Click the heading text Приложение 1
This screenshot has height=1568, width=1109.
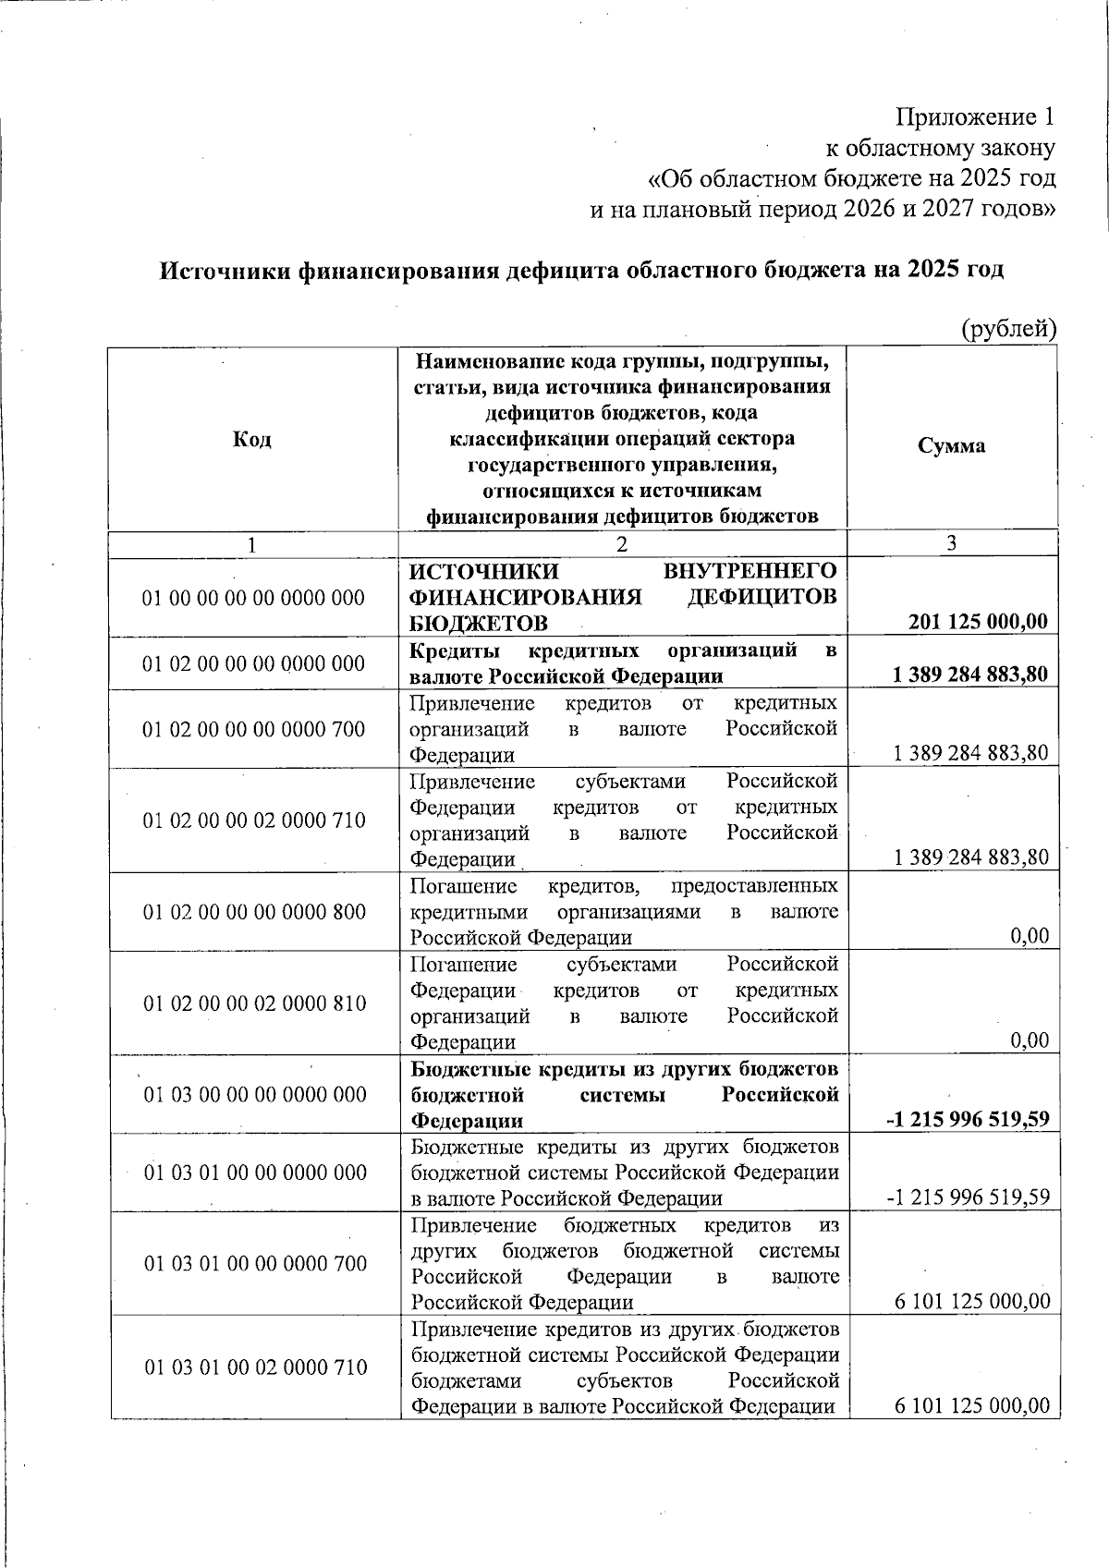976,117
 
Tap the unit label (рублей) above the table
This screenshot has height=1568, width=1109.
1008,328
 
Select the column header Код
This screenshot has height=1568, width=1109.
252,439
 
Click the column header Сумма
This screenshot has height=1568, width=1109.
951,445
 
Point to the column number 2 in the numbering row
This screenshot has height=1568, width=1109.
622,544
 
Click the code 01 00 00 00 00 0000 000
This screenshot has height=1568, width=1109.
254,598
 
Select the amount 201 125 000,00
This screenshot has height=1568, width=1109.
979,622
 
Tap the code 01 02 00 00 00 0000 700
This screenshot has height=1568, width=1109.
254,730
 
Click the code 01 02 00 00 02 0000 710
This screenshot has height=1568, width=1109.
254,820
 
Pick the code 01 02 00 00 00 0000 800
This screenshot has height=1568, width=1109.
254,912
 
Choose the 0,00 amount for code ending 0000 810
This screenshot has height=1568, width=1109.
1030,1041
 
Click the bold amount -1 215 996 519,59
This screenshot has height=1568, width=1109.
969,1120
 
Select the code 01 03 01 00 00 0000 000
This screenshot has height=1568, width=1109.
255,1173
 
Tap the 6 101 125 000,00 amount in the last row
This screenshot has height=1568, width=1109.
972,1406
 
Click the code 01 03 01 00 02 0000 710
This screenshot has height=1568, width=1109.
255,1367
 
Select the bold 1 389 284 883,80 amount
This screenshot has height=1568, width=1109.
970,675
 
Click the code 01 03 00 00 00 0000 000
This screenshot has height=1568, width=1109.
255,1095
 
